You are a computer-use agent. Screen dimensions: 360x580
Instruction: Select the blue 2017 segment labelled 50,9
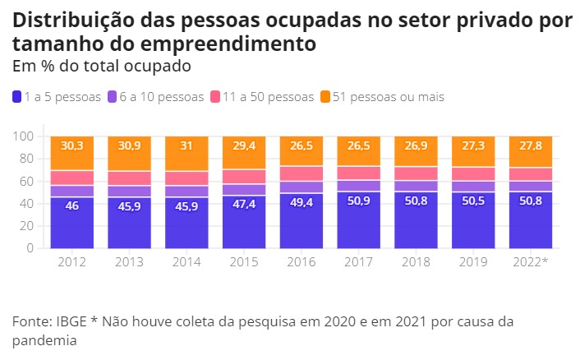point(359,220)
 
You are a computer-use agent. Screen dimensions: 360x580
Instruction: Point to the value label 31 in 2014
point(187,145)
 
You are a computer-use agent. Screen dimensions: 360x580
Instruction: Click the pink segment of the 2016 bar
point(302,173)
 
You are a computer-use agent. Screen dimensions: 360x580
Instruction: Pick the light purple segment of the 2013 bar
point(130,191)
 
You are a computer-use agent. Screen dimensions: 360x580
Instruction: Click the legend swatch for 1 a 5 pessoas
point(17,97)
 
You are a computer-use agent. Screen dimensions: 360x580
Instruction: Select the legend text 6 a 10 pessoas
point(161,97)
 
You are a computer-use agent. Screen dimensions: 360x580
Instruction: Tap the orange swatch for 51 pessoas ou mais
point(325,97)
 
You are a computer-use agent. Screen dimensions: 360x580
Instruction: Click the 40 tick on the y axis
point(26,203)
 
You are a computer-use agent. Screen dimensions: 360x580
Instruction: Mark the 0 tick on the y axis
point(30,247)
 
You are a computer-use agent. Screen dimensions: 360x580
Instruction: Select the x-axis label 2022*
point(531,261)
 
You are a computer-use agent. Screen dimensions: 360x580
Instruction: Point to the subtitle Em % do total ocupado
point(102,64)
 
